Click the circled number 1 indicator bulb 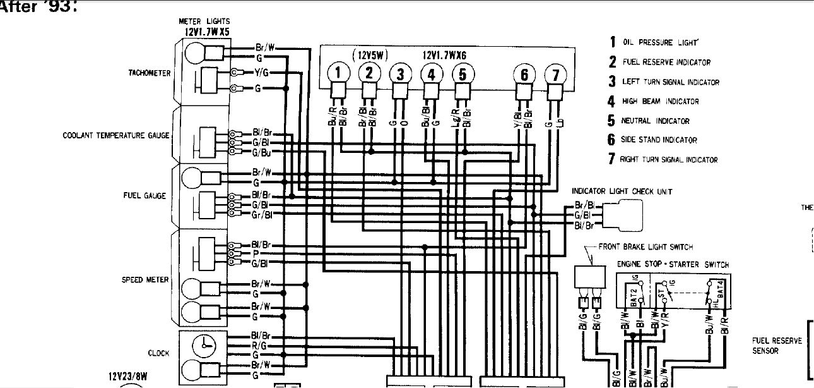(338, 73)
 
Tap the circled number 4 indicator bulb (431, 73)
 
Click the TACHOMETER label (150, 73)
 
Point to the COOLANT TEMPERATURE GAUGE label (116, 136)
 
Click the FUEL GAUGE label (145, 196)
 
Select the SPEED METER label (146, 280)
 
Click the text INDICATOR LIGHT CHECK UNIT (622, 191)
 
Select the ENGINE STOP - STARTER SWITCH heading (672, 265)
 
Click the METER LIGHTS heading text (204, 21)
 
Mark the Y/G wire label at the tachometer (262, 73)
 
